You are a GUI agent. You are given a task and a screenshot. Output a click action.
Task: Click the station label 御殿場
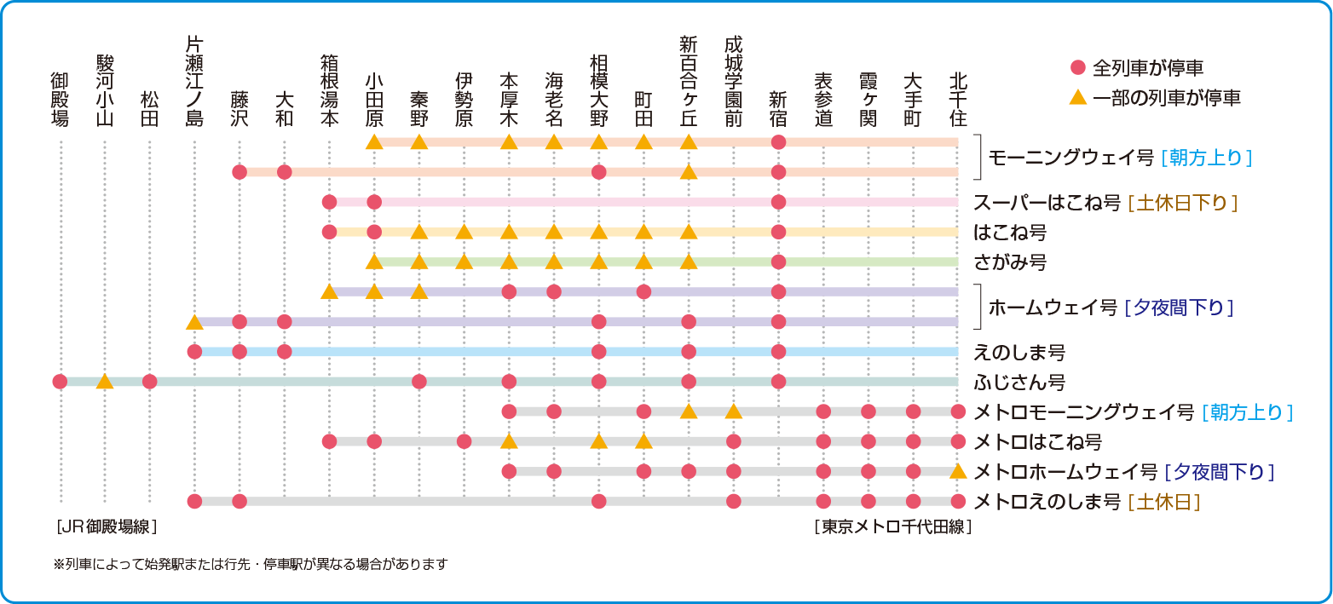[x=60, y=100]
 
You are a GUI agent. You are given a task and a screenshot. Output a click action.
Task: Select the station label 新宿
[x=778, y=108]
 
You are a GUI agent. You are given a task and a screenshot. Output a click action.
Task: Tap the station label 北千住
[x=958, y=100]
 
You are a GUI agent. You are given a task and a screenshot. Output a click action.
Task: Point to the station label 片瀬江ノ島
[x=194, y=82]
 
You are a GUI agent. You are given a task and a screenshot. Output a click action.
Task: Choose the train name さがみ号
[x=1010, y=262]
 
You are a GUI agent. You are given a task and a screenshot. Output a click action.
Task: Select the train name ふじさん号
[x=1019, y=383]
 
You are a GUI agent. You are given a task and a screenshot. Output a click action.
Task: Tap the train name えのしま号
[x=1019, y=352]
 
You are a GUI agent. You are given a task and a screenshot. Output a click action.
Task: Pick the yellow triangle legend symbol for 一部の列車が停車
[x=1078, y=97]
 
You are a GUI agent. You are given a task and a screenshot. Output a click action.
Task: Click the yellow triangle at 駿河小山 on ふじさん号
[x=105, y=382]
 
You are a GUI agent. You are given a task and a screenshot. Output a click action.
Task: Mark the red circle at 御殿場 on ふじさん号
[x=60, y=382]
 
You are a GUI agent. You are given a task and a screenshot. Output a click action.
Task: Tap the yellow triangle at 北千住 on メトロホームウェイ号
[x=958, y=471]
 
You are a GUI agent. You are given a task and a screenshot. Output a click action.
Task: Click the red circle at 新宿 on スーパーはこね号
[x=778, y=202]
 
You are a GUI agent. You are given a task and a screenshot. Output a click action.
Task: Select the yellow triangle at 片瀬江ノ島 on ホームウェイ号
[x=194, y=321]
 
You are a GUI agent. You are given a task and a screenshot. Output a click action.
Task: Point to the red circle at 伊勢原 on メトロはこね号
[x=464, y=441]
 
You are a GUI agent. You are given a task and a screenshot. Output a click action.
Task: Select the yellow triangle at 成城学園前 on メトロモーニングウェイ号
[x=734, y=411]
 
